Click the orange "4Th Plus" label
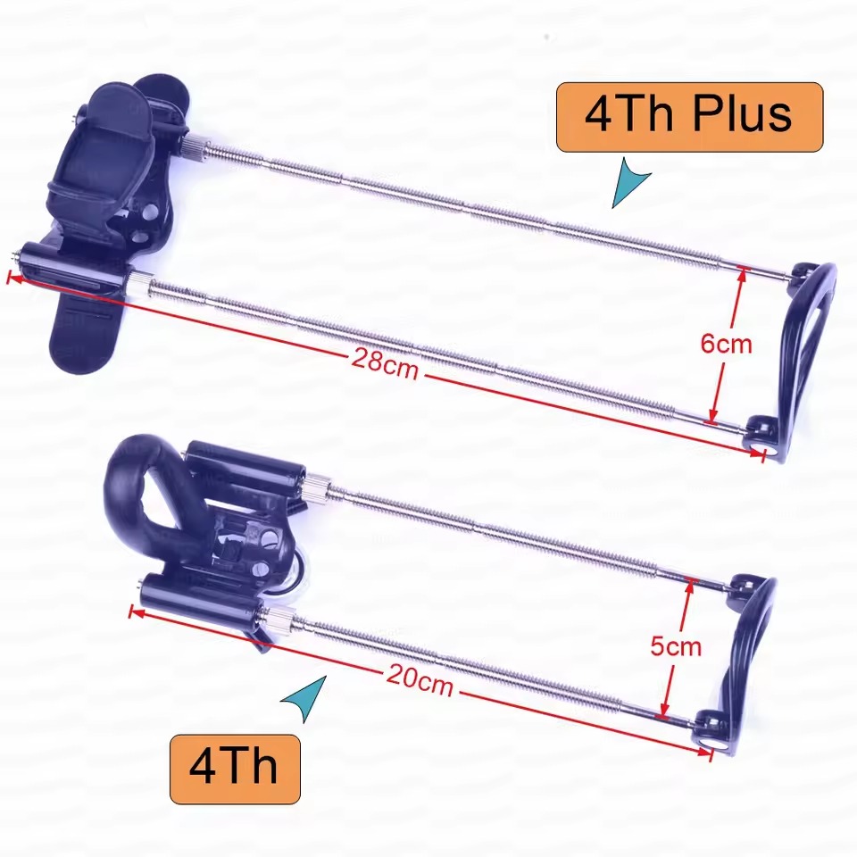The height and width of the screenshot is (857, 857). (689, 117)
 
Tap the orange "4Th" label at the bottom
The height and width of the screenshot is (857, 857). (235, 769)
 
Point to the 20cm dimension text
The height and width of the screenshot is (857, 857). (420, 680)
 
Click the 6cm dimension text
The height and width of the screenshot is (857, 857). (726, 344)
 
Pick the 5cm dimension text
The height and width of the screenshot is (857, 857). (676, 646)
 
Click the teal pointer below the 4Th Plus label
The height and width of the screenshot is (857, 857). (631, 182)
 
